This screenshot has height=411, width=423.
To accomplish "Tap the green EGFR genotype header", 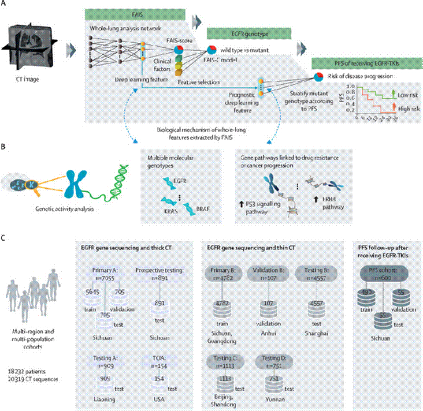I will [249, 34].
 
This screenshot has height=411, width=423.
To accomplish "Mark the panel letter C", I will [4, 239].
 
